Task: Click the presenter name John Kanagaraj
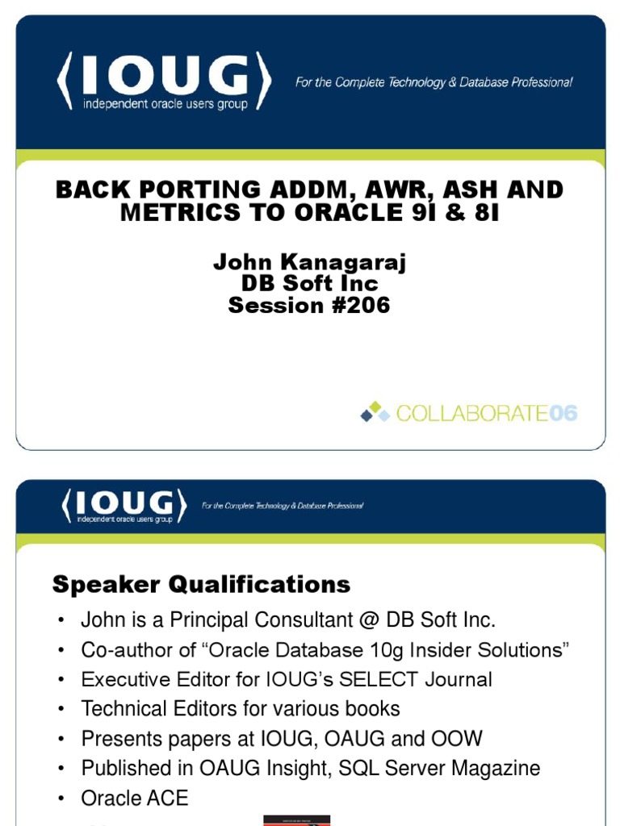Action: pyautogui.click(x=309, y=262)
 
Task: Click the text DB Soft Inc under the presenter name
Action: pyautogui.click(x=309, y=284)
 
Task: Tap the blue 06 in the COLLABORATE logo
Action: pyautogui.click(x=563, y=414)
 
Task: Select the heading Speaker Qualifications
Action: pyautogui.click(x=201, y=584)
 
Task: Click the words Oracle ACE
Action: pyautogui.click(x=134, y=799)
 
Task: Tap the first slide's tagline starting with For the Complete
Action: pyautogui.click(x=434, y=82)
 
